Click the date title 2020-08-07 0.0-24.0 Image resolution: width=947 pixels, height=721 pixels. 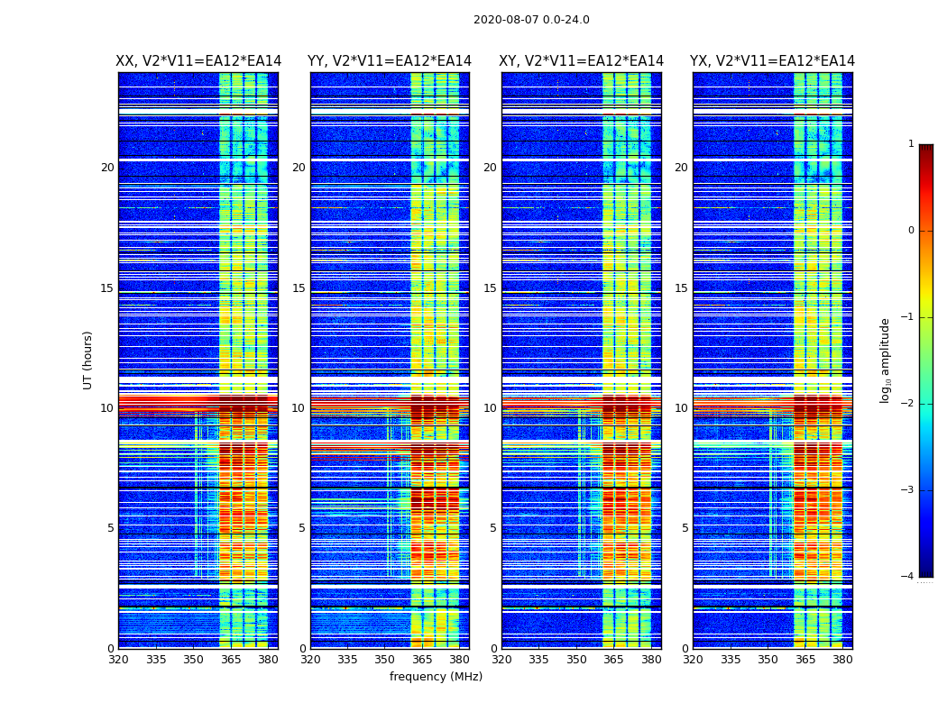click(531, 20)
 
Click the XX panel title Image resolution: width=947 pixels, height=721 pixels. click(198, 61)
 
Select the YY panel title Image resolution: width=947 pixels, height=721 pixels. click(390, 61)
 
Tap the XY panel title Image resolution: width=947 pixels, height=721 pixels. click(582, 61)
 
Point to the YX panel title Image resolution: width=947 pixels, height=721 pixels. click(772, 61)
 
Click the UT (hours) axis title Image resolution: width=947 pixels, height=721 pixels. click(88, 360)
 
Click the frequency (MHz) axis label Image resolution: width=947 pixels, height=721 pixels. click(436, 677)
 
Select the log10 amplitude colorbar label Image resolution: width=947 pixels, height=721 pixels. click(886, 360)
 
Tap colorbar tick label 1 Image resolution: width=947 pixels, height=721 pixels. click(910, 144)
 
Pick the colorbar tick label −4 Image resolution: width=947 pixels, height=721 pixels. click(908, 577)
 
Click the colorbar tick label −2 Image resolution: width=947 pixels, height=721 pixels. click(908, 404)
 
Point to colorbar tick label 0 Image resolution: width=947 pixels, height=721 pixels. click(910, 231)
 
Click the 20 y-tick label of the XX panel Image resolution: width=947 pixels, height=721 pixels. click(107, 168)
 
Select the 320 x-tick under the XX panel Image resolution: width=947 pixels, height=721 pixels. click(118, 659)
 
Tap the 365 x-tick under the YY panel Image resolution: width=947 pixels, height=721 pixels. click(422, 659)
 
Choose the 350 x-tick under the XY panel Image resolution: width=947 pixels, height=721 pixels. click(576, 659)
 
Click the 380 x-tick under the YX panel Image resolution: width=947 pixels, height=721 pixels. click(842, 659)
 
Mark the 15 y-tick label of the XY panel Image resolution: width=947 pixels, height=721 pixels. click(490, 288)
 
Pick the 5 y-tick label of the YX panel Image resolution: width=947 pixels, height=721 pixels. click(685, 528)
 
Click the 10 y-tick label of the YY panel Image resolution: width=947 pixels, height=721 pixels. click(299, 408)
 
